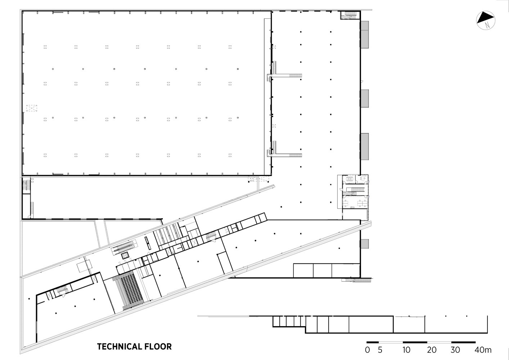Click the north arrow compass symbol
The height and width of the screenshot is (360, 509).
point(486,20)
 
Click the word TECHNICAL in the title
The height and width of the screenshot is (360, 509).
point(116,347)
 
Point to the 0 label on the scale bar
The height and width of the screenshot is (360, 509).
point(368,350)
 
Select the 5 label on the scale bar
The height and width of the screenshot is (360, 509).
point(380,350)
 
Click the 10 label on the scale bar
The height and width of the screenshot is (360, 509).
point(406,350)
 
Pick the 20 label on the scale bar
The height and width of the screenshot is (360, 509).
point(432,350)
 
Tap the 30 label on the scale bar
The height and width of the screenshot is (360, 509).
point(455,350)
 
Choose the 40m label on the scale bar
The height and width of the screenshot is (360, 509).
point(483,350)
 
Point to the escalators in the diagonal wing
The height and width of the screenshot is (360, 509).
point(124,247)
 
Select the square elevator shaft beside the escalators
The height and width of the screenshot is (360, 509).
point(125,256)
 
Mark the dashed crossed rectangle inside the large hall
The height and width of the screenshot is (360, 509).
point(32,108)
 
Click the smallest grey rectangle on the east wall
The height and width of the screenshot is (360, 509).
point(365,244)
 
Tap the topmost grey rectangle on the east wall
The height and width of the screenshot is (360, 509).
point(365,35)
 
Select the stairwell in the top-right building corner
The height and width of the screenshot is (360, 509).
point(350,15)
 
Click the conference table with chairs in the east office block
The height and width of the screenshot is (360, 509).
point(349,179)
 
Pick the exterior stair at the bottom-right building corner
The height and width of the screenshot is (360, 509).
point(356,280)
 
